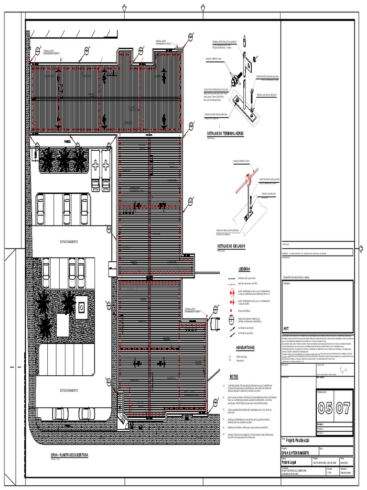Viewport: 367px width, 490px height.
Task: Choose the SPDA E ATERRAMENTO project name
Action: (295, 453)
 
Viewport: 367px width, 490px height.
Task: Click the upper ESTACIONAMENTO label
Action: (69, 242)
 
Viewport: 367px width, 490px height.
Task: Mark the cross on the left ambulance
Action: (96, 165)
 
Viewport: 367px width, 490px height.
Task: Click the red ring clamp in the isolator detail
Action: (249, 178)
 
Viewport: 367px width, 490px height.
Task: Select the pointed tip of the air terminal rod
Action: (244, 38)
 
